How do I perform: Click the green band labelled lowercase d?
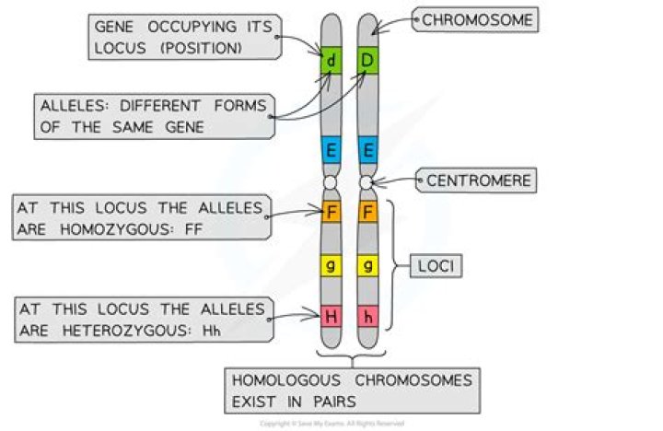[331, 63]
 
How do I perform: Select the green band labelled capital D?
[367, 63]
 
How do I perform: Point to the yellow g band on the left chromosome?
[331, 266]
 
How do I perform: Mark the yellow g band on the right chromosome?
[367, 266]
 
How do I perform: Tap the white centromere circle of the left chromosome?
[331, 184]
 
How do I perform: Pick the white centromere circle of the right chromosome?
[367, 184]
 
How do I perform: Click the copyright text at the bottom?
[331, 423]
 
